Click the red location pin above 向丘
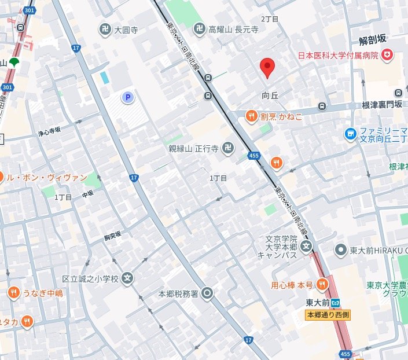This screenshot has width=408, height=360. pos(266,68)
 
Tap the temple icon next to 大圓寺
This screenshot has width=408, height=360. pos(105,30)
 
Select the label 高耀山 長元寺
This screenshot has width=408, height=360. pos(234,29)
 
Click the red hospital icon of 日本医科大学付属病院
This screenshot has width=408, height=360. pos(387,55)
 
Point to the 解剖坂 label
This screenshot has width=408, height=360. pos(372,40)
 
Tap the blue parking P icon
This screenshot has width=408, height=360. pos(127,98)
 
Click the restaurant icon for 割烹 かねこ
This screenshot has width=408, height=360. pos(251,116)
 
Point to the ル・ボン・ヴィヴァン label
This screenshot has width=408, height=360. pos(46,178)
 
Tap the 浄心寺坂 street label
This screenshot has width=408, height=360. pos(49,133)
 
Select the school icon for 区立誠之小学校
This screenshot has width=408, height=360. pos(128,278)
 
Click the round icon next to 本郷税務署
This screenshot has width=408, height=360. pos(207,293)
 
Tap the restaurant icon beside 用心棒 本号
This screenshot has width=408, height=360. pos(322,284)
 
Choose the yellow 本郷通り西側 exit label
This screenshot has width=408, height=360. pos(328,315)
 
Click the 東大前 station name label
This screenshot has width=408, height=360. pos(318,302)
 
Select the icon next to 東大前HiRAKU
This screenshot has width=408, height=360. pos(341,250)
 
